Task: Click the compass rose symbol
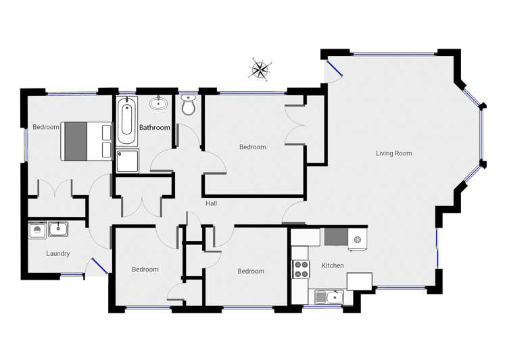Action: pos(260,69)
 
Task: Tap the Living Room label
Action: pos(394,153)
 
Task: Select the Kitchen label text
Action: pos(333,265)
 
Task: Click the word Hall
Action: pos(211,203)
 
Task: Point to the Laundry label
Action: pos(58,254)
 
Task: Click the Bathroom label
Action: pos(155,128)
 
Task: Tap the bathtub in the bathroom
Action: pos(126,120)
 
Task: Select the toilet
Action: pos(188,105)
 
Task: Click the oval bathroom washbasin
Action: pos(158,103)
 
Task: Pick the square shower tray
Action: pos(127,161)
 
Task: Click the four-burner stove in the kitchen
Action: pos(301,269)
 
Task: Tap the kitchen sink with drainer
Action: pos(329,297)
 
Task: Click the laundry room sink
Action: pos(58,229)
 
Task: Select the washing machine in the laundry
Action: pos(37,230)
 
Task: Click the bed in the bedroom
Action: pos(87,141)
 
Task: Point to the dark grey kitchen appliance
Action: pos(336,237)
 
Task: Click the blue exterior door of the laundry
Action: pos(100,265)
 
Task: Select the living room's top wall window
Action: pos(393,53)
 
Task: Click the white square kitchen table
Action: pos(360,281)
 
